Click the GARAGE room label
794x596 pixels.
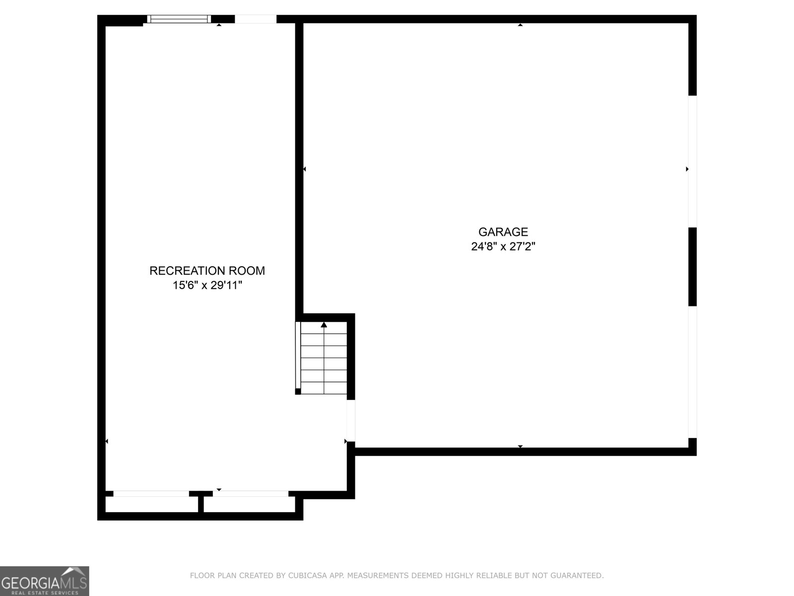(x=503, y=232)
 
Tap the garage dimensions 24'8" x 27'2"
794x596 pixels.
(x=503, y=246)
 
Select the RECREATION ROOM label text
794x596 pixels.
(x=207, y=271)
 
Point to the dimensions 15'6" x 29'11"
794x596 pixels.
(x=207, y=286)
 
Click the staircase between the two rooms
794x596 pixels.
(x=324, y=358)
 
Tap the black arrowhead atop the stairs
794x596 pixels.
(x=324, y=325)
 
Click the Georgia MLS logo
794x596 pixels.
(x=44, y=581)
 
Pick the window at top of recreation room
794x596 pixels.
(x=179, y=19)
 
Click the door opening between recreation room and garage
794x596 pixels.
(x=350, y=420)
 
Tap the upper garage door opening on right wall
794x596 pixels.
(x=692, y=161)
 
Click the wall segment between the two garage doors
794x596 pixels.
(x=692, y=267)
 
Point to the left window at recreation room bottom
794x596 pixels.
(x=151, y=494)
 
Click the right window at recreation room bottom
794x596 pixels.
(x=251, y=494)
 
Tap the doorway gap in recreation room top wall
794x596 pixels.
(x=255, y=19)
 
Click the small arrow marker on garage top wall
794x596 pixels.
(x=520, y=24)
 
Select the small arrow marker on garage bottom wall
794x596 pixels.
(x=520, y=447)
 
